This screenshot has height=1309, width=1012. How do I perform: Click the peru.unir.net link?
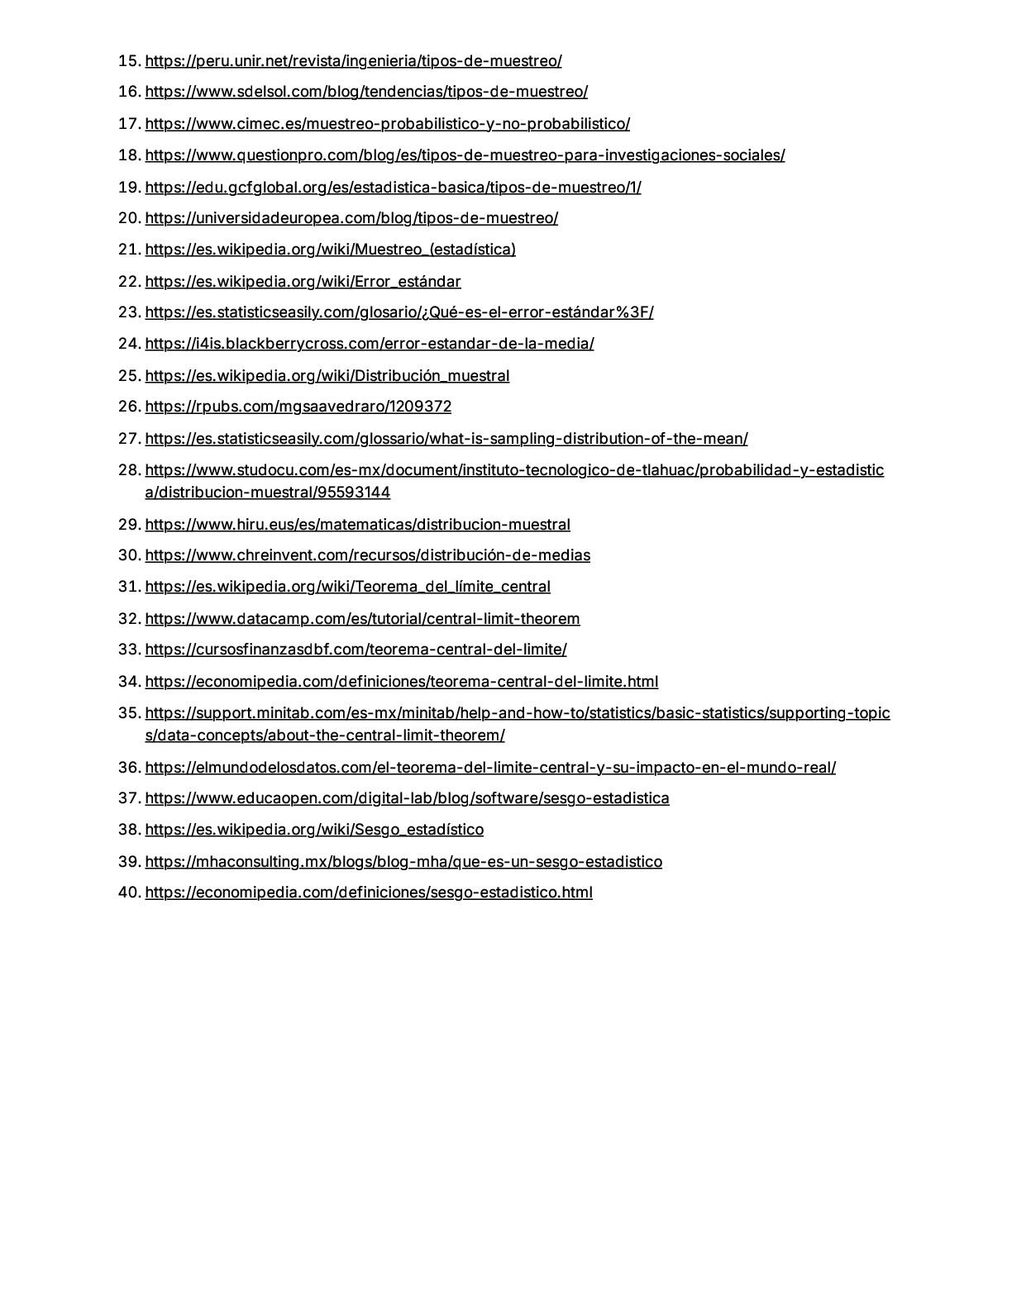coord(353,61)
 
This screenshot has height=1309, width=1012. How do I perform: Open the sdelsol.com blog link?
coord(366,92)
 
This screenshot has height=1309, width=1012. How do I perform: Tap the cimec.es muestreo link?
coord(387,124)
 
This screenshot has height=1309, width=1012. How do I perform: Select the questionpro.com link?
coord(465,155)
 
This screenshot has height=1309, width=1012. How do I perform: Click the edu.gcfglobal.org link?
coord(393,188)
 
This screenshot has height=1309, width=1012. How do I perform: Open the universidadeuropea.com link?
coord(351,218)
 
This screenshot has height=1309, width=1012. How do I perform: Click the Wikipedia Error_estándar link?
coord(303,282)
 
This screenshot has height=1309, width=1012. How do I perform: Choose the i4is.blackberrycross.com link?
coord(369,344)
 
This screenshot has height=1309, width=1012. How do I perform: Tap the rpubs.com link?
coord(298,407)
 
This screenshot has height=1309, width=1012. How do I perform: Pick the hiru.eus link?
coord(357,525)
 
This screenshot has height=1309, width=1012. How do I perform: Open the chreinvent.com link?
coord(367,555)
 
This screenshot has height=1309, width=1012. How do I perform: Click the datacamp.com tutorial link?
coord(362,619)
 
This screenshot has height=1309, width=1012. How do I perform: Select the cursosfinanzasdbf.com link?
coord(356,650)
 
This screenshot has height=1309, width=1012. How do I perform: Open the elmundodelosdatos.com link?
coord(489,768)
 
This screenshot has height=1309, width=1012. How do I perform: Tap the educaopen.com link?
coord(407,798)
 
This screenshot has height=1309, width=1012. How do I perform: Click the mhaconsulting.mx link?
coord(403,862)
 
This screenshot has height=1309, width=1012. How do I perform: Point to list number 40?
coord(130,892)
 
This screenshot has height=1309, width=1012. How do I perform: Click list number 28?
coord(130,470)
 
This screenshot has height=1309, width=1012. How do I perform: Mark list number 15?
coord(130,61)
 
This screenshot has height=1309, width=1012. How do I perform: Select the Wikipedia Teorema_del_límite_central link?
coord(347,587)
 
